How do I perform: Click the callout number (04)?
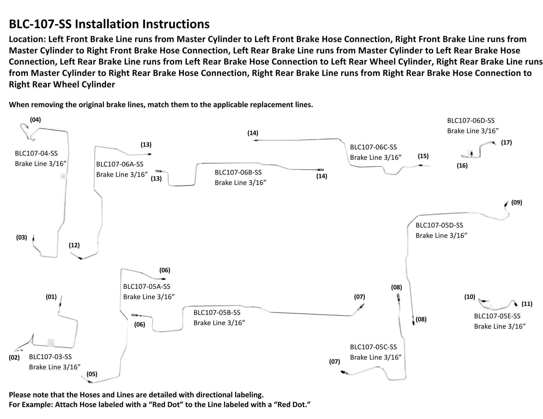pos(35,120)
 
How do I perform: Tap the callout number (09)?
pos(516,202)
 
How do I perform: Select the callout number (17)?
pos(506,142)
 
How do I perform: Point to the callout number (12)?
pos(74,245)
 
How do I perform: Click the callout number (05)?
pos(92,374)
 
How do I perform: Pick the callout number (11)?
pos(527,304)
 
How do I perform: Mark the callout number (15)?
pos(423,156)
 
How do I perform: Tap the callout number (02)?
pos(14,357)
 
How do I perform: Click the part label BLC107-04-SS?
pos(36,153)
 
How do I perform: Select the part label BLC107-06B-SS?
pos(238,172)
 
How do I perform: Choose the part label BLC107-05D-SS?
pos(439,225)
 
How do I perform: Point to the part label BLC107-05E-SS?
pos(497,316)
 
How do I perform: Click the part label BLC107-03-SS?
pos(50,357)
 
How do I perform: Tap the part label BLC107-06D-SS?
pos(471,121)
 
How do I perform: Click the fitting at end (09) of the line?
pos(506,204)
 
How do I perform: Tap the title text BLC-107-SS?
pos(40,24)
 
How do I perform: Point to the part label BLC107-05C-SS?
pos(373,347)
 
